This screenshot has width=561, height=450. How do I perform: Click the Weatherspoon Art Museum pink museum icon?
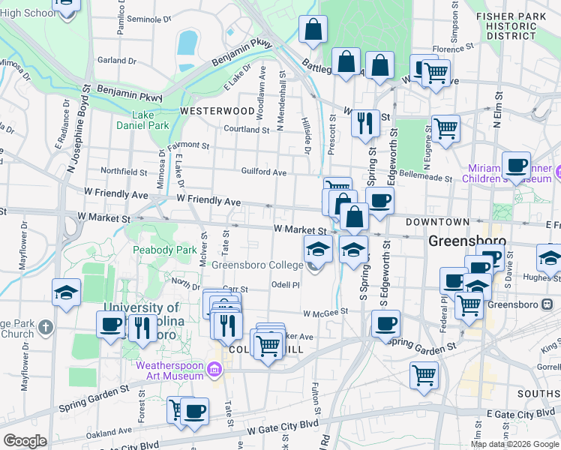[215, 369]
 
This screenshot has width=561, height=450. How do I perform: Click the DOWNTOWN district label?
[438, 222]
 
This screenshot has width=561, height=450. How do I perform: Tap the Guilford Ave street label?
[263, 172]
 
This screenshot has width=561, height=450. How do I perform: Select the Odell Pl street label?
[286, 285]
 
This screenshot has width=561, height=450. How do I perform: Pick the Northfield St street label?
[124, 172]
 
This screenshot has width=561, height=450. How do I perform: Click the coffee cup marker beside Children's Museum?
[516, 166]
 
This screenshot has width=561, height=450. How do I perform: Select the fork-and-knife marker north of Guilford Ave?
[365, 122]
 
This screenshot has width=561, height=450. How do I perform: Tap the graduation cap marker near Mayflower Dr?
[67, 291]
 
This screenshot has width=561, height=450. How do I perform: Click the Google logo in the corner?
[25, 441]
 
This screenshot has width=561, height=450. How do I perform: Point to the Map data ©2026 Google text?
[514, 444]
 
